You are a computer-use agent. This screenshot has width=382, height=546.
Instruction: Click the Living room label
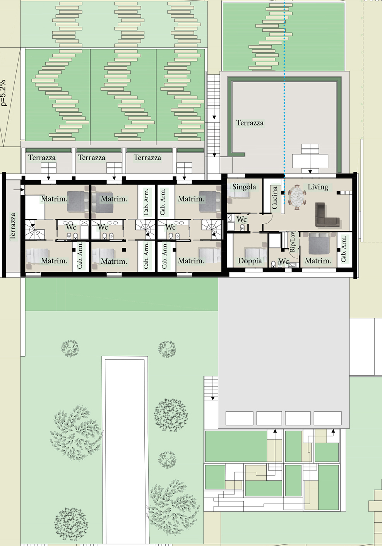coord(318,187)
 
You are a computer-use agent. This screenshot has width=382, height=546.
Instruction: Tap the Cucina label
coord(274,197)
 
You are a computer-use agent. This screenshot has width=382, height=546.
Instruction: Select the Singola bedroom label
coord(244,187)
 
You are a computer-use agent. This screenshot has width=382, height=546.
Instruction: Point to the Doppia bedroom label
coord(250,261)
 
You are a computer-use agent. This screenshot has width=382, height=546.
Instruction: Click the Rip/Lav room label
coord(293,242)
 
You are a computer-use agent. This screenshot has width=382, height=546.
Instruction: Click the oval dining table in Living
coord(297,197)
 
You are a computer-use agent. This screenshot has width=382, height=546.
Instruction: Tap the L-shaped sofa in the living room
coord(327,215)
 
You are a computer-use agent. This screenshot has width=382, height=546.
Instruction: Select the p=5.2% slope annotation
coord(3,93)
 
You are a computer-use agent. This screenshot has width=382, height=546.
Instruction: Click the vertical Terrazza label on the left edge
coord(13,227)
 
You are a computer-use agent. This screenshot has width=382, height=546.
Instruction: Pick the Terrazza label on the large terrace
coord(250,123)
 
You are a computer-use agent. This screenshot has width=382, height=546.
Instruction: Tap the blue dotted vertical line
coord(284,102)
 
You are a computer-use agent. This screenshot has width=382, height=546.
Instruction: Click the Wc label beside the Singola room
coord(242,219)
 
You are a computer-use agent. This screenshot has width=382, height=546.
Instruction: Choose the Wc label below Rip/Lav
coord(283,261)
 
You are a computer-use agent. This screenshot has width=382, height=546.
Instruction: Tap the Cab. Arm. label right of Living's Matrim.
coord(343,249)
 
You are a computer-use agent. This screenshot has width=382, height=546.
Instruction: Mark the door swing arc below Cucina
coord(269,220)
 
